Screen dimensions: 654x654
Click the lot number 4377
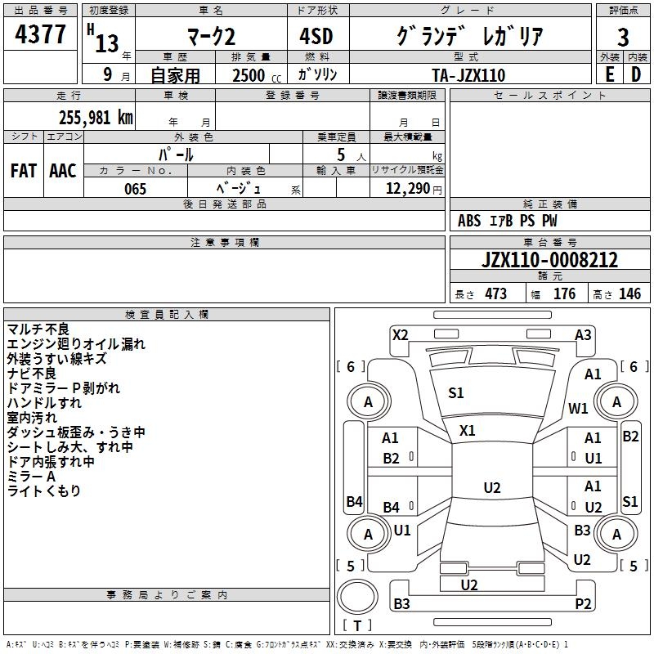click(41, 35)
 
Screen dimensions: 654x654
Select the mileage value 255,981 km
click(96, 118)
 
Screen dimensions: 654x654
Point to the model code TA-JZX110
click(468, 75)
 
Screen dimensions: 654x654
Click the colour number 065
click(135, 189)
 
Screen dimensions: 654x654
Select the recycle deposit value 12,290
click(407, 189)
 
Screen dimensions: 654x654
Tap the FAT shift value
click(24, 171)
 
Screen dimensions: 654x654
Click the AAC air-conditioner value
click(63, 171)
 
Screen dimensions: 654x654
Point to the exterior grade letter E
click(609, 74)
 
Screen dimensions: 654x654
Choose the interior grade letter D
click(636, 74)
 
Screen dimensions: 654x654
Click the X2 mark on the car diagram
click(401, 334)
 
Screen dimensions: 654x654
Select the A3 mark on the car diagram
click(583, 334)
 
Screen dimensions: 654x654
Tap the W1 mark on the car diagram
click(578, 408)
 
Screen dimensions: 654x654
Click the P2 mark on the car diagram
click(583, 604)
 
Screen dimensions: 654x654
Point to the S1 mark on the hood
click(456, 393)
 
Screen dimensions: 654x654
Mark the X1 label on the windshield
click(468, 430)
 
